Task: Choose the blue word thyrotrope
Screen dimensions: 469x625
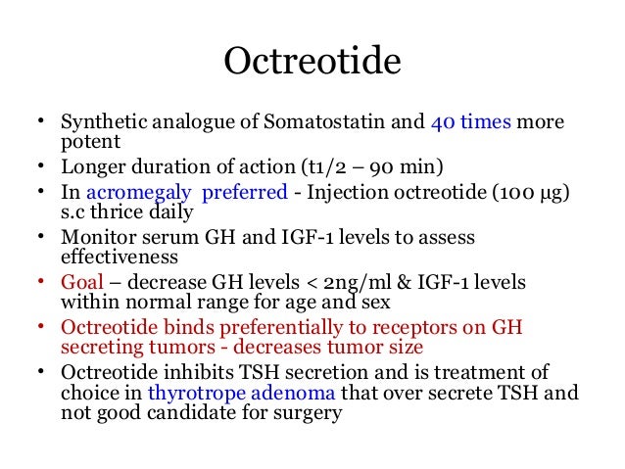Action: coord(191,393)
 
